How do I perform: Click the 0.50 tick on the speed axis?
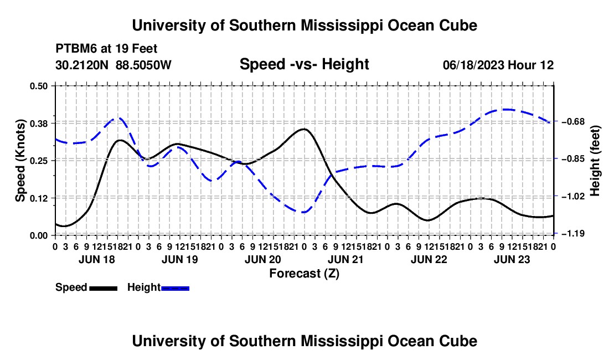(38, 86)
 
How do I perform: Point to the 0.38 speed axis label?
(38, 123)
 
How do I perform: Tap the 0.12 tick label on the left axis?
(38, 198)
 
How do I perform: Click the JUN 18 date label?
(97, 259)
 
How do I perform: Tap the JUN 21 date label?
(345, 259)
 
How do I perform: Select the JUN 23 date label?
(512, 259)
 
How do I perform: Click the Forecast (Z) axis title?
(304, 274)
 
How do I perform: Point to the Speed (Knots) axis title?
(20, 161)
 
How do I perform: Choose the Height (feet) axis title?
(595, 161)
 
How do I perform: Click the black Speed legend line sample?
(104, 289)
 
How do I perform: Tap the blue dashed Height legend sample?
(175, 289)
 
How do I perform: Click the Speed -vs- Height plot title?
(304, 64)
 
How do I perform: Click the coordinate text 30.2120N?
(82, 65)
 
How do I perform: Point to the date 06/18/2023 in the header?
(473, 65)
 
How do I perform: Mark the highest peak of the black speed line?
(304, 129)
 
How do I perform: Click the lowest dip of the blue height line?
(304, 213)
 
